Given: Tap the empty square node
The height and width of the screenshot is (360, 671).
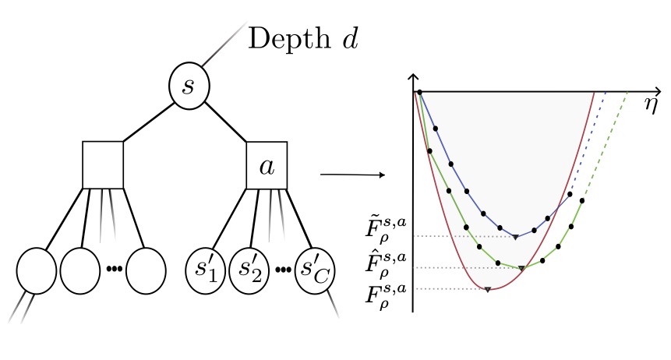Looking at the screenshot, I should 103,164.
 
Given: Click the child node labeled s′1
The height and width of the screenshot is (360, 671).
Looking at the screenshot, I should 205,271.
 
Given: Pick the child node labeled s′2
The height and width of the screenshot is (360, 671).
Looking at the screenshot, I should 249,271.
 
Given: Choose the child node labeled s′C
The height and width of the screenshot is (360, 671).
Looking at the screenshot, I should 315,271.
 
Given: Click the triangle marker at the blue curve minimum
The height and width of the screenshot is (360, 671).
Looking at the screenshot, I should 515,236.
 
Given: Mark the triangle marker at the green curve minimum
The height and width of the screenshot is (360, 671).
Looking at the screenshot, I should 522,268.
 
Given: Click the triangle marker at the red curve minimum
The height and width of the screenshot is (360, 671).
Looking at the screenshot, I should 487,290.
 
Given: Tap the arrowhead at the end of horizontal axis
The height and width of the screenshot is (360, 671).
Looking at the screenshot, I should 658,91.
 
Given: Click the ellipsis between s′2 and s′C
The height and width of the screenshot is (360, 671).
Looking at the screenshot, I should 282,270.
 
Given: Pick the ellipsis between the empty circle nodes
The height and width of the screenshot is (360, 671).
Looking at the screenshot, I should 114,270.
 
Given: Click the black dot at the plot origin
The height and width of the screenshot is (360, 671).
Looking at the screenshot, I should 419,92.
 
